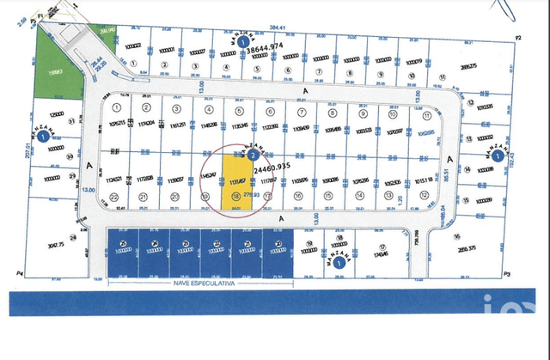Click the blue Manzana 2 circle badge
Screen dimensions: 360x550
pos(254,156)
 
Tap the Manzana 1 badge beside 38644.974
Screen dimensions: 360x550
pos(245,40)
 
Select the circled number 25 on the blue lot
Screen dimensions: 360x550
pos(123,244)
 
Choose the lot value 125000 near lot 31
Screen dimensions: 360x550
pos(57,114)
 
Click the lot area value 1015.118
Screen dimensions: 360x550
pos(423,181)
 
